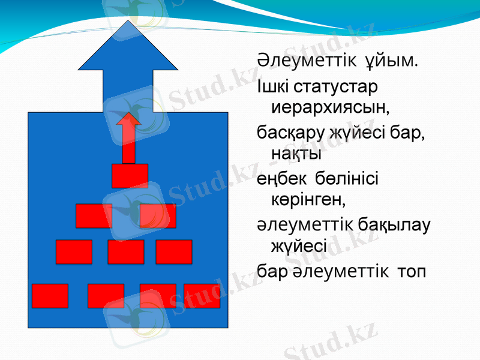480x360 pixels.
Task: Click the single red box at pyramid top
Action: pos(130,175)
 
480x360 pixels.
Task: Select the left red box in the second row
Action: pos(94,216)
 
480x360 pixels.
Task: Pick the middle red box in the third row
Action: pos(126,252)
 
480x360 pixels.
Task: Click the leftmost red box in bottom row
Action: pos(50,296)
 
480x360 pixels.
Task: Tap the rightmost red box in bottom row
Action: pos(202,296)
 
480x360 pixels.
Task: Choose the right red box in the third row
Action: pos(173,252)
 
